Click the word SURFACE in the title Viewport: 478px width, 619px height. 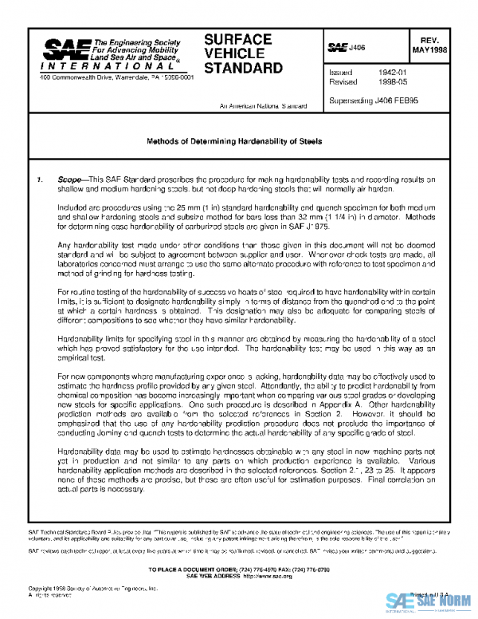click(x=237, y=39)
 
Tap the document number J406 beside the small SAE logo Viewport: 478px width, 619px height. click(x=358, y=49)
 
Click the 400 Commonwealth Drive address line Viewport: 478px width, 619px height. click(x=116, y=78)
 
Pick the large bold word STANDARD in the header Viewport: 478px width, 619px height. click(x=244, y=68)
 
